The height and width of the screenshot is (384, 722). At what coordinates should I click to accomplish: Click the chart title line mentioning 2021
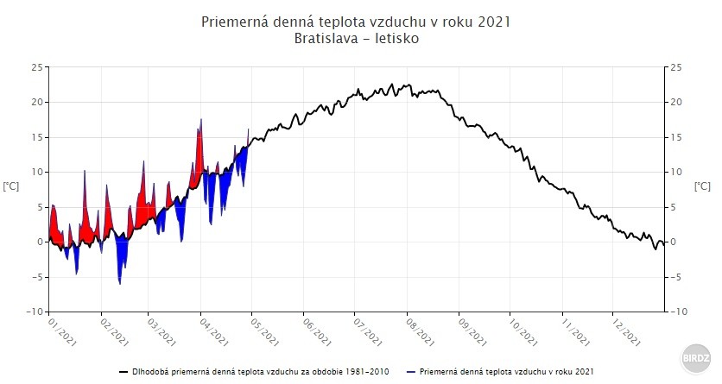coord(355,22)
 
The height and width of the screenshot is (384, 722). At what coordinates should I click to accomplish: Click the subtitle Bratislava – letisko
coord(355,39)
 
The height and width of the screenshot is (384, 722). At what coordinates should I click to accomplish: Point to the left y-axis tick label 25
coord(36,67)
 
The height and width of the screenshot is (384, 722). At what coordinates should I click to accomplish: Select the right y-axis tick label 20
coord(676,102)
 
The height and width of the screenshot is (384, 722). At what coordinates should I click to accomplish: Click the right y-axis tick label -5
coord(676,277)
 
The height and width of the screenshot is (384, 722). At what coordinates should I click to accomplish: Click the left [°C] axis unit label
coord(11,186)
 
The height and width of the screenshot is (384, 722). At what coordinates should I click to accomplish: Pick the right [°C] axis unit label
coord(702,186)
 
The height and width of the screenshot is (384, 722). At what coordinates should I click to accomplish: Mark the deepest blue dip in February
coord(120,282)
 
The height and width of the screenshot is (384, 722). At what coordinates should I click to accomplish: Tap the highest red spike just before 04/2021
coord(201,121)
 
